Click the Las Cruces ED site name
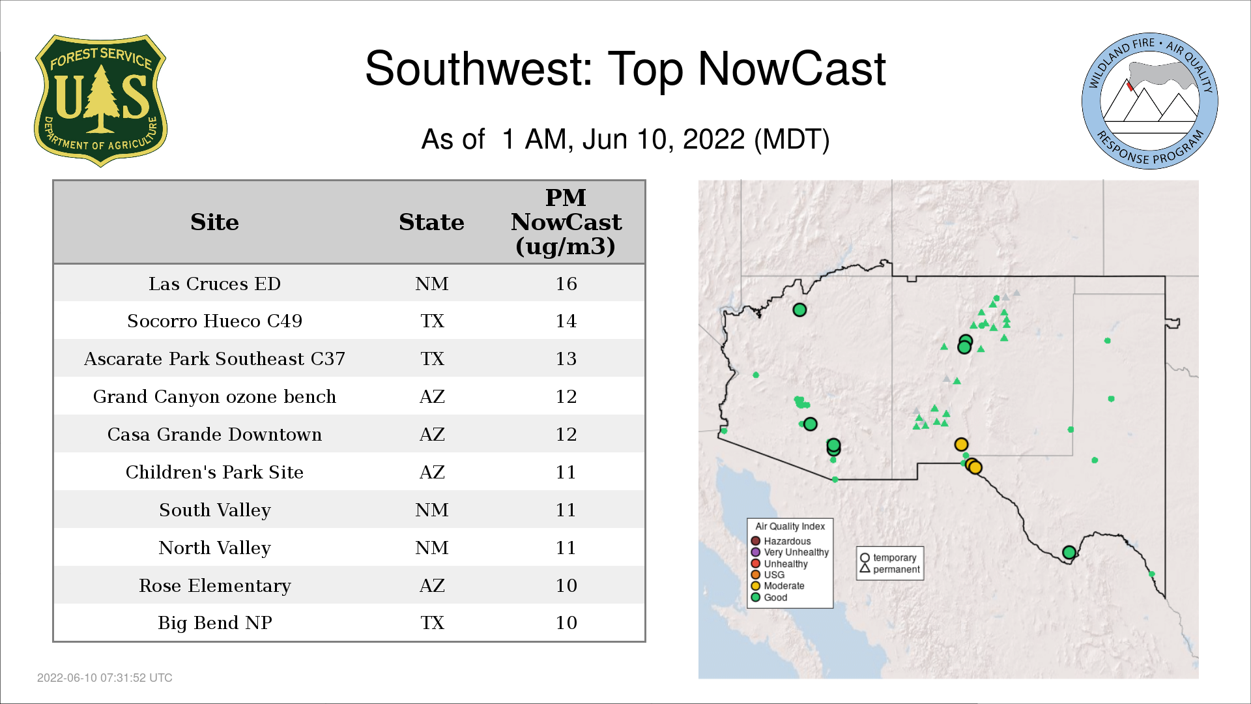(214, 284)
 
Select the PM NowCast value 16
(566, 284)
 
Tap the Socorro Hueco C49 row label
(214, 321)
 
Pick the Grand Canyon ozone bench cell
(214, 396)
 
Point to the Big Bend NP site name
(214, 623)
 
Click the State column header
(431, 222)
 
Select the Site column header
(214, 222)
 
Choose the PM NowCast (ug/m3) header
(566, 222)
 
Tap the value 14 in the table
(566, 321)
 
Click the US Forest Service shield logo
(100, 101)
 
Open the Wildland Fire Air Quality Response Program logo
(1150, 101)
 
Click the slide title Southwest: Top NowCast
(625, 69)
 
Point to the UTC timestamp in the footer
(105, 678)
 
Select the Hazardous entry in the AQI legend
(781, 541)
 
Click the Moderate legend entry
(777, 585)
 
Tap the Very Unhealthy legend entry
(790, 552)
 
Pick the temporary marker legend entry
(888, 558)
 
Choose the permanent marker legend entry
(890, 569)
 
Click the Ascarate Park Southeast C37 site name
(214, 359)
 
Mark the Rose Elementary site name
(214, 585)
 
